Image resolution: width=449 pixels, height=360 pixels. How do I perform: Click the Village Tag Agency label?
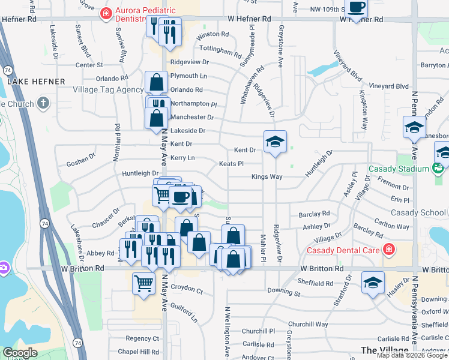tap(108, 89)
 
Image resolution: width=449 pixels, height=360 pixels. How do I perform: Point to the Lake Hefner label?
tap(27, 80)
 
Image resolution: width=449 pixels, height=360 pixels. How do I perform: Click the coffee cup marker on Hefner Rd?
tap(357, 8)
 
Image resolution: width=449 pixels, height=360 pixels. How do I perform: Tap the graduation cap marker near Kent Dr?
tap(275, 142)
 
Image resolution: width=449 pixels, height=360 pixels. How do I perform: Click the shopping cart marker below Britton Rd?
tap(143, 283)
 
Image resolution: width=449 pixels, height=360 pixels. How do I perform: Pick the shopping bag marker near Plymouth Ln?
tap(157, 83)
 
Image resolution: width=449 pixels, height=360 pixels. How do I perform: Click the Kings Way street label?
tap(267, 177)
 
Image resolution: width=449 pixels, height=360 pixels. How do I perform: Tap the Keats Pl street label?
tap(231, 164)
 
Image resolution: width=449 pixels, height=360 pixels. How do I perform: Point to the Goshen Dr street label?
tap(80, 162)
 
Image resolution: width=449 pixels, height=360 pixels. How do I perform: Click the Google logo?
tap(20, 353)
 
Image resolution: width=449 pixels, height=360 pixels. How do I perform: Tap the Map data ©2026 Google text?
tap(412, 355)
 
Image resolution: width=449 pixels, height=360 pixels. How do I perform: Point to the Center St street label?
tap(89, 65)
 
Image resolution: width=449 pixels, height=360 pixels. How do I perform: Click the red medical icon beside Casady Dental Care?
tap(389, 248)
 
